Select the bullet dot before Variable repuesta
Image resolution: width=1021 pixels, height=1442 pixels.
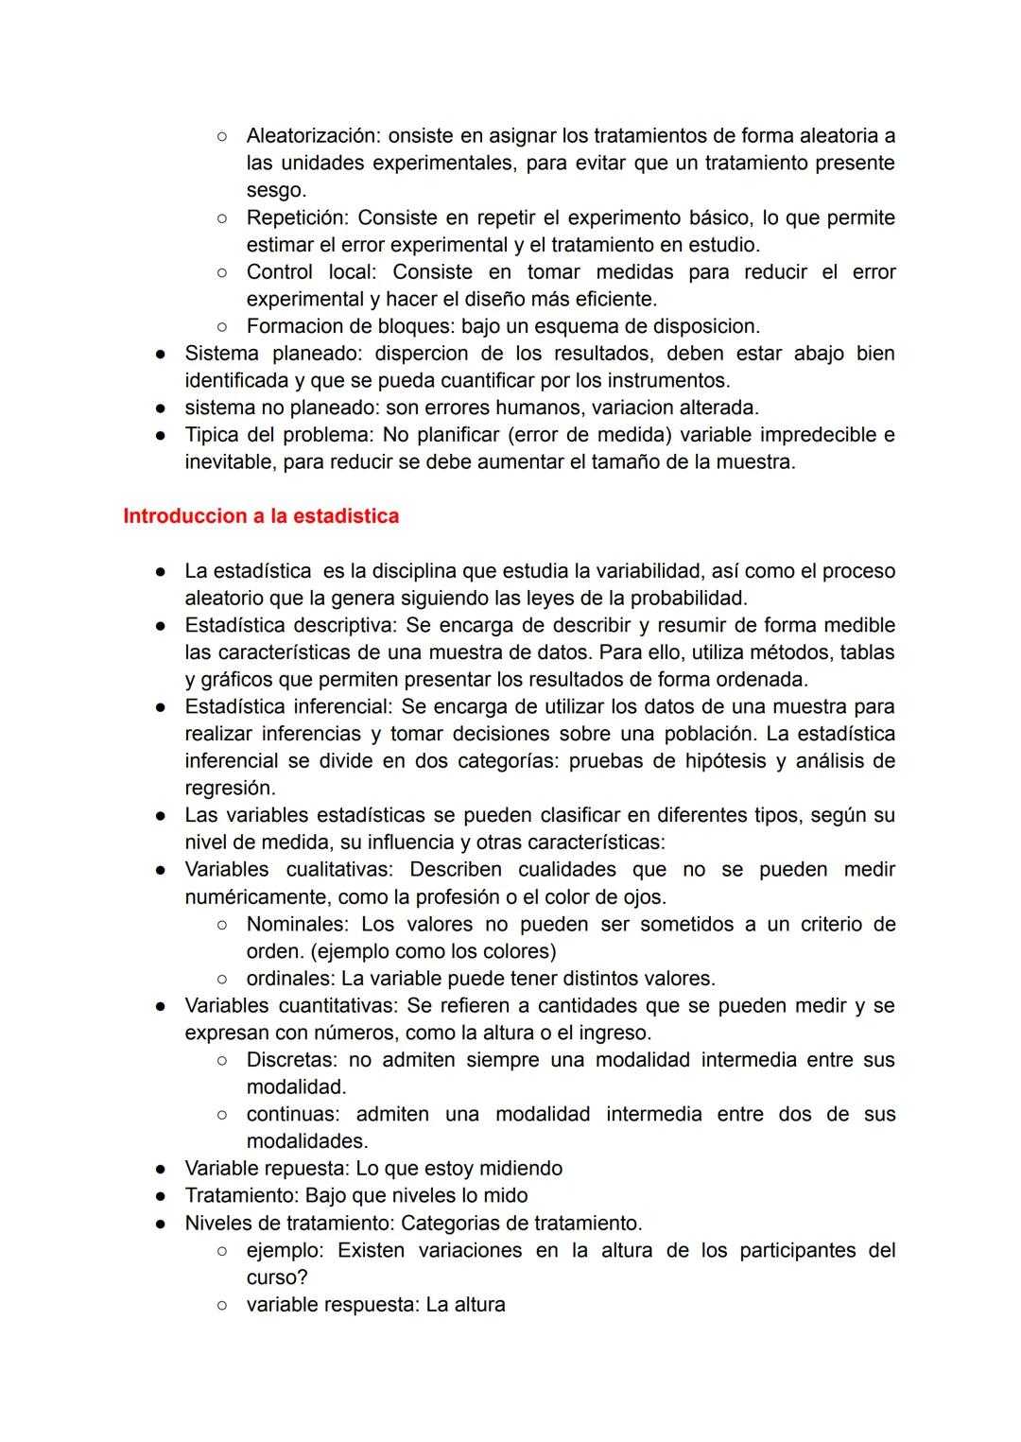pos(162,1169)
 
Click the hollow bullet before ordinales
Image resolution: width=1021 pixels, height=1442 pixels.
pos(221,979)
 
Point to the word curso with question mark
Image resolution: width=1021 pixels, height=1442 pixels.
pos(277,1277)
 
